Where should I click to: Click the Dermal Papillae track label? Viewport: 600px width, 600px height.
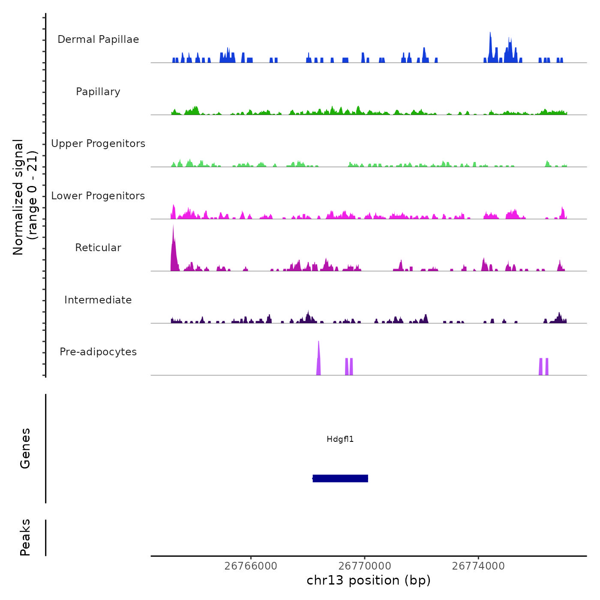click(98, 39)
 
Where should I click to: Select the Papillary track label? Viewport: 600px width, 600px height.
click(98, 92)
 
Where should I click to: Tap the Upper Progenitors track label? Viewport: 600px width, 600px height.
click(98, 144)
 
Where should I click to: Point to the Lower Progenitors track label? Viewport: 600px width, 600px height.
click(98, 196)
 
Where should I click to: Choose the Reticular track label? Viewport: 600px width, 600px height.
click(98, 248)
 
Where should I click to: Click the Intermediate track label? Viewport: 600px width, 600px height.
click(98, 300)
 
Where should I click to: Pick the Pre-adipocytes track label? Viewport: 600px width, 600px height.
click(98, 352)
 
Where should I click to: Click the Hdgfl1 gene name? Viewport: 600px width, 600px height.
click(340, 439)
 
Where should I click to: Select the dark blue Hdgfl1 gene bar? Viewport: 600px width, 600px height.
click(340, 478)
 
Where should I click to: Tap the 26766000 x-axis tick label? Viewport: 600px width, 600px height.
click(251, 566)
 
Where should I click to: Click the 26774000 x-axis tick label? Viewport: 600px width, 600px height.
click(478, 566)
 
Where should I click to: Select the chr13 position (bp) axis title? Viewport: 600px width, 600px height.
click(369, 581)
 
